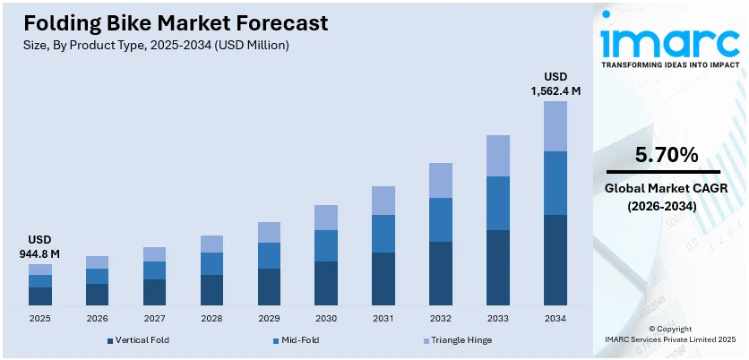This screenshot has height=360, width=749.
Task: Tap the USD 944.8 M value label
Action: [39, 247]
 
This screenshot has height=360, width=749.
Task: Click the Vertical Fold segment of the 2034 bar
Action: [555, 260]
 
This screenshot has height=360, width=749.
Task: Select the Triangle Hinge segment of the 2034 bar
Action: [555, 125]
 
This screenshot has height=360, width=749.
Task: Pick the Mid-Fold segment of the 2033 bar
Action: [498, 203]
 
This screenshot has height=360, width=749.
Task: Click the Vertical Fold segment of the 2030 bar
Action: [326, 283]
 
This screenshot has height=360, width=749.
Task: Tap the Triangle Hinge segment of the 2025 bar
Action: [40, 270]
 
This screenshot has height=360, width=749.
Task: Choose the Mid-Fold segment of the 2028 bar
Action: [211, 263]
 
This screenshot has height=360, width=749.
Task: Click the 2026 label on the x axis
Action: [97, 318]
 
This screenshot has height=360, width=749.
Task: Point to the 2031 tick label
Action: [383, 318]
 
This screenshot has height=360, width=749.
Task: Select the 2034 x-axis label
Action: [555, 318]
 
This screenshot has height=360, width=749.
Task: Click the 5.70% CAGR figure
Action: [666, 155]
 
